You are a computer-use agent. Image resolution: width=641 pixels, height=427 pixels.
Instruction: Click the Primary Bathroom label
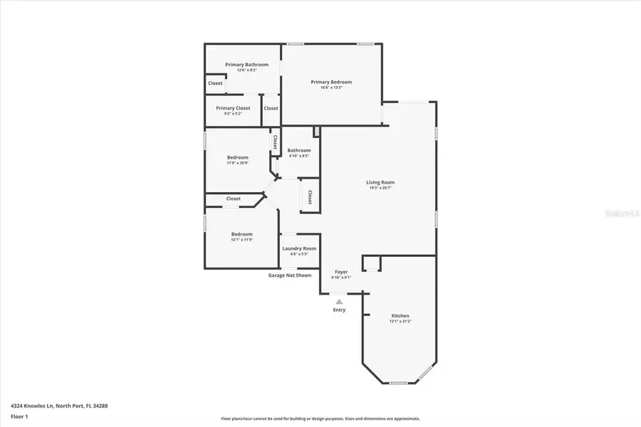pos(246,65)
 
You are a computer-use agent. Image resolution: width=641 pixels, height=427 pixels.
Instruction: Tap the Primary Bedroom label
pos(331,82)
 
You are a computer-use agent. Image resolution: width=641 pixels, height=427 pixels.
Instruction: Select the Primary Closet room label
pos(233,108)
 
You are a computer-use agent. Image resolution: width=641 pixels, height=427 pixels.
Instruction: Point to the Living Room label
pos(381,182)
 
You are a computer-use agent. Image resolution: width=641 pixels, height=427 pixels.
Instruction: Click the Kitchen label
pos(400,316)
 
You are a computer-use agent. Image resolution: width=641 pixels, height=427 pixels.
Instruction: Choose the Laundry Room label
pos(299,248)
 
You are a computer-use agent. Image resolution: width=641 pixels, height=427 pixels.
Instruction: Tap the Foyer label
pos(341,272)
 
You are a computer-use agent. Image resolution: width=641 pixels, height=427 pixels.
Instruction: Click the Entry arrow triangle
pos(339,301)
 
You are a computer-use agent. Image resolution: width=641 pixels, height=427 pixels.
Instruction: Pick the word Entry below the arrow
pos(339,310)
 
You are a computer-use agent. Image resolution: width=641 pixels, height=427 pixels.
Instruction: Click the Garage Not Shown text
pos(289,275)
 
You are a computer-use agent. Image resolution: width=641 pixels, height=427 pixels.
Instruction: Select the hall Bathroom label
pos(299,150)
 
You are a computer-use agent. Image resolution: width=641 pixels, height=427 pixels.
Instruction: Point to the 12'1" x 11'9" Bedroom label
pos(241,234)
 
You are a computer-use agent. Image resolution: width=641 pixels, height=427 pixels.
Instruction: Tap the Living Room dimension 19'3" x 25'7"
pos(382,188)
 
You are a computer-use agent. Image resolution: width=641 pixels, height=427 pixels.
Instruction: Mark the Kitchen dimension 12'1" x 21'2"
pos(400,322)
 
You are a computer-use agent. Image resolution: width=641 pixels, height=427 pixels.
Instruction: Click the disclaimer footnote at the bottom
pos(320,418)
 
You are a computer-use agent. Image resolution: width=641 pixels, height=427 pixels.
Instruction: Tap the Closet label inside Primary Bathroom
pos(215,83)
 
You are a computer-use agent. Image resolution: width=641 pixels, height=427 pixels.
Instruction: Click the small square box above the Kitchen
pos(371,264)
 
